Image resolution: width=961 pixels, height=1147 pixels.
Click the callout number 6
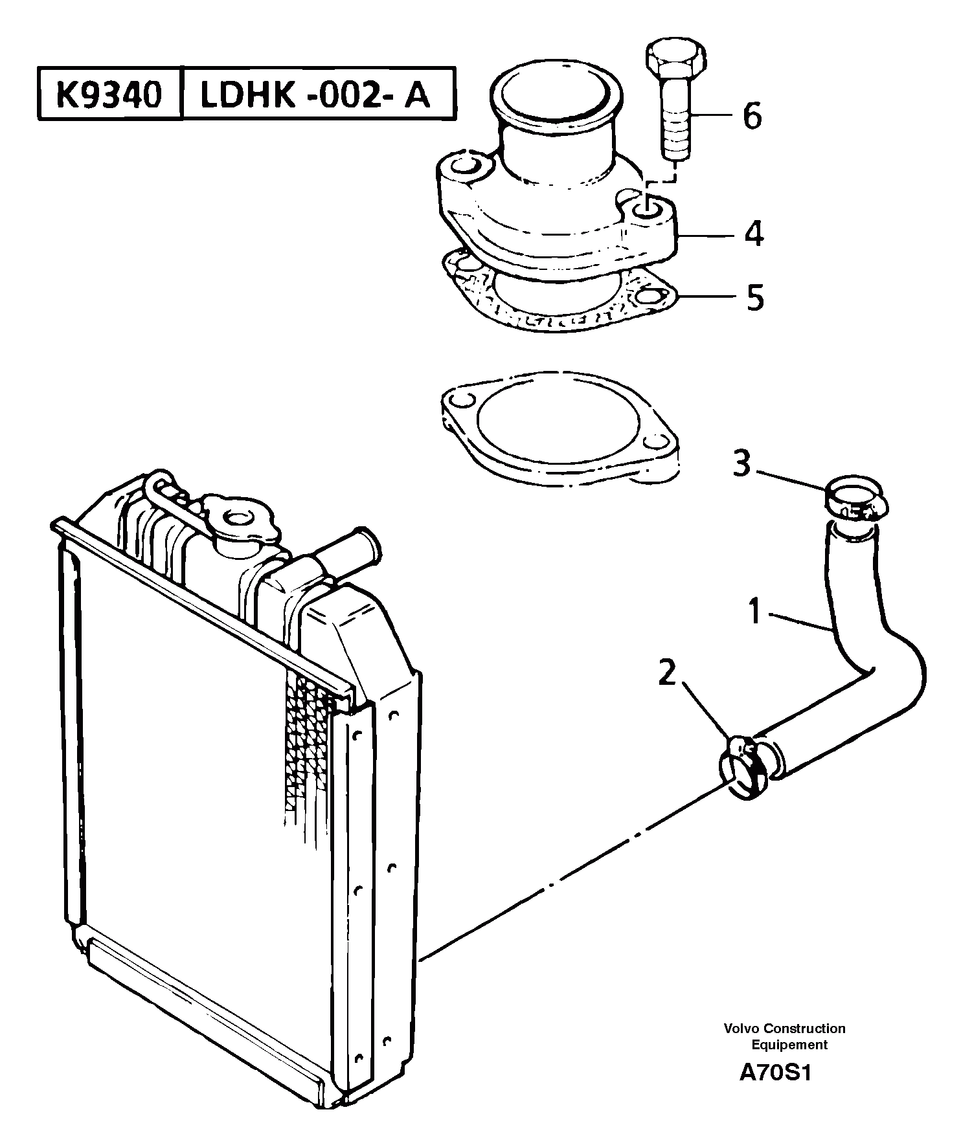coord(751,117)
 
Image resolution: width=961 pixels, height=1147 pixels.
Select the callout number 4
coord(753,234)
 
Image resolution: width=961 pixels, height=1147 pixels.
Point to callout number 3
coord(742,463)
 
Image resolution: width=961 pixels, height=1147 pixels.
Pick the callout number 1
coord(754,612)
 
